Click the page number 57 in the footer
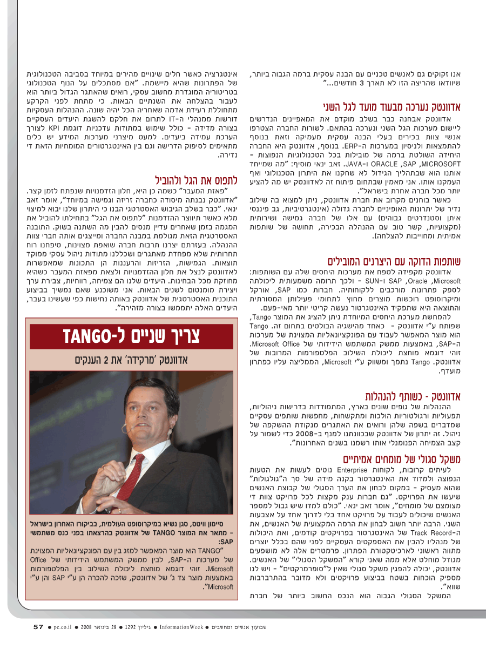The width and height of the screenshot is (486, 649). coord(38,627)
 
